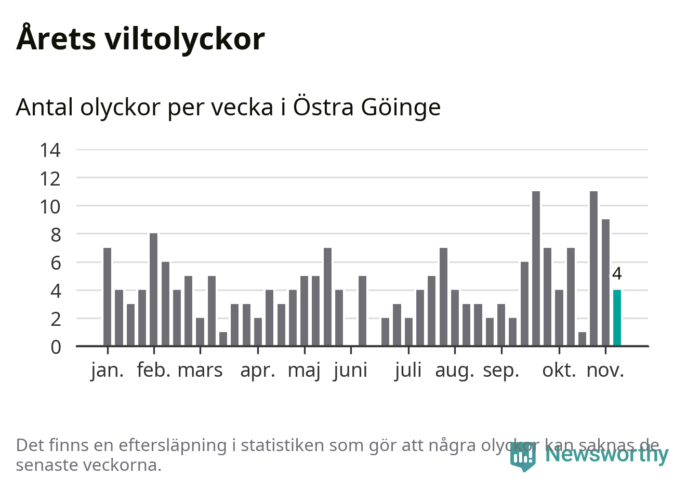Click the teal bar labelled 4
point(617,318)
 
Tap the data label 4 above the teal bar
point(617,274)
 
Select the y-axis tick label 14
point(50,150)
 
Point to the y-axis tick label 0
point(56,347)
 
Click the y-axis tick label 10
point(50,207)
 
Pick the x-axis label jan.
point(108,371)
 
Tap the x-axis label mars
point(200,371)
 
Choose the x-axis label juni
point(351,371)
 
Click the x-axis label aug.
point(455,371)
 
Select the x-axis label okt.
point(559,371)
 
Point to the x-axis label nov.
point(605,371)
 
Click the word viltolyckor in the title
point(184,39)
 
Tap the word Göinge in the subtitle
point(401,108)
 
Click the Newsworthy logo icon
point(522,456)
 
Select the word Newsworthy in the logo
point(606,454)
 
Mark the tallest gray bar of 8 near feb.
point(154,289)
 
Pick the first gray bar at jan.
point(108,297)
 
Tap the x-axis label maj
point(304,371)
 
